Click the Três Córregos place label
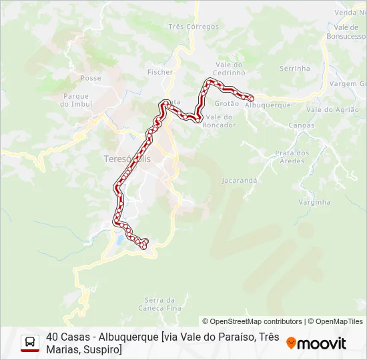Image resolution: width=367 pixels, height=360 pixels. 194,27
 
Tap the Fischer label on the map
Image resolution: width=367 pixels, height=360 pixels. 160,72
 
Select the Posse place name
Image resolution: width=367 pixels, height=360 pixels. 91,78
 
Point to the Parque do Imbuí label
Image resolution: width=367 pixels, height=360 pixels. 75,100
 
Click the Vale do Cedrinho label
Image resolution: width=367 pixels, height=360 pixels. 229,68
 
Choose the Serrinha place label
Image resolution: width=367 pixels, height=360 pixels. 295,68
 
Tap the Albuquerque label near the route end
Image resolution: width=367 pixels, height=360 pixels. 268,105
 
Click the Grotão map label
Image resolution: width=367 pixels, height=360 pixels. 227,103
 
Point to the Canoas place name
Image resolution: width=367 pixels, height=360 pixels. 302,125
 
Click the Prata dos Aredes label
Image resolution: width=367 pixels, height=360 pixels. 292,157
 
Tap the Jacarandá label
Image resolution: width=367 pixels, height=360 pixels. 240,180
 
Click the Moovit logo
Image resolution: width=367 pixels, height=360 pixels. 316,343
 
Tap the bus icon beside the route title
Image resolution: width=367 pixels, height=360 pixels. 29,343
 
